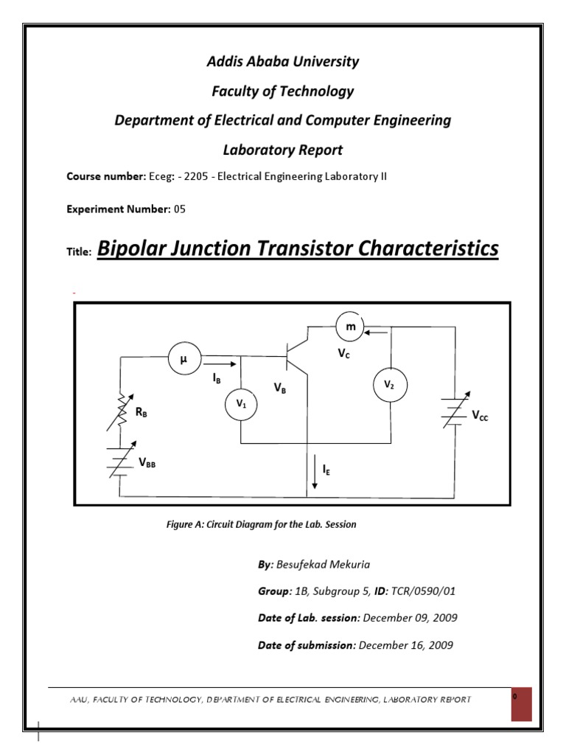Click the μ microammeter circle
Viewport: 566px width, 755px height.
[x=182, y=359]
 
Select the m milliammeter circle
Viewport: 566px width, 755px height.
[x=351, y=326]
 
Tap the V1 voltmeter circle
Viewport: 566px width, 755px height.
[x=241, y=403]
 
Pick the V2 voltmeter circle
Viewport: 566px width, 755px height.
[x=390, y=386]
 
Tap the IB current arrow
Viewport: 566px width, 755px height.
[x=218, y=363]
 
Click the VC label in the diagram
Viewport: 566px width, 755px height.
[x=343, y=354]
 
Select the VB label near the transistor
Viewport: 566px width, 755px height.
[x=279, y=388]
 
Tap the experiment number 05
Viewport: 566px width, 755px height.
[x=180, y=209]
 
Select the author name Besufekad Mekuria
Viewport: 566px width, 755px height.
[x=324, y=565]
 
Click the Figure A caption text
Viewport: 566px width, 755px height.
[x=261, y=524]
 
